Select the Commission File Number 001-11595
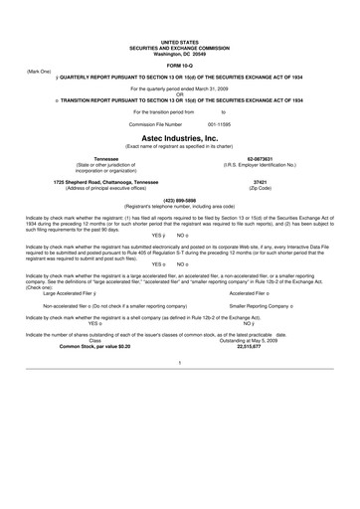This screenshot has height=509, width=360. [x=193, y=124]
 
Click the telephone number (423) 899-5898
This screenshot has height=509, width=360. [x=179, y=200]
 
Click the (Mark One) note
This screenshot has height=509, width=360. [x=39, y=72]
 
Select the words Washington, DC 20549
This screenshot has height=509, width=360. [x=180, y=52]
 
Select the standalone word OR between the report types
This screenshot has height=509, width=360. [x=180, y=94]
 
